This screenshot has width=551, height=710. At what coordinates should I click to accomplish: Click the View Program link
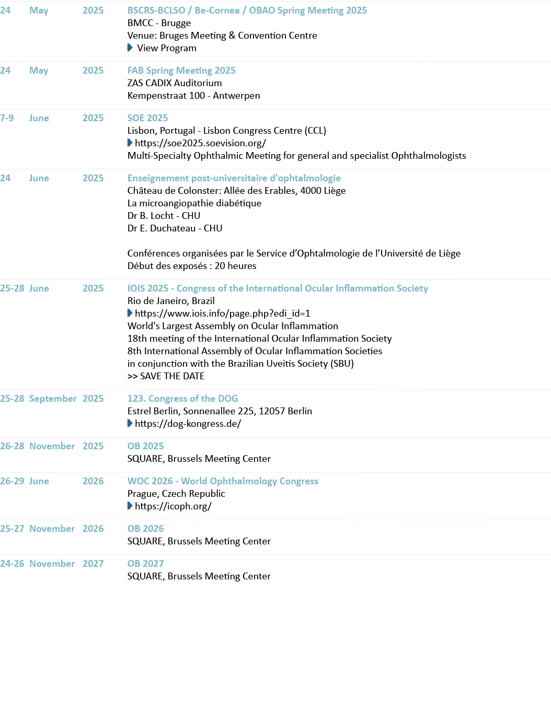click(x=166, y=48)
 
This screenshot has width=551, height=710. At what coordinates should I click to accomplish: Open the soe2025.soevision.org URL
click(x=200, y=143)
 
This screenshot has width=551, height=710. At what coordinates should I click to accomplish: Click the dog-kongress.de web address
click(x=188, y=424)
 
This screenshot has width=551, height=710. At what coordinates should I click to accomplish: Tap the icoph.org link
click(x=173, y=506)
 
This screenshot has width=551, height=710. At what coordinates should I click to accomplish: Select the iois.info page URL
click(x=222, y=313)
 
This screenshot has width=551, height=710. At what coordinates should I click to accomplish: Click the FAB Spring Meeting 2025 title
click(x=181, y=71)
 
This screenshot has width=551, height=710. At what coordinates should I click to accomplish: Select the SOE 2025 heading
click(x=147, y=118)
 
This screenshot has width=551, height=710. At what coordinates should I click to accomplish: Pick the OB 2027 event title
click(x=145, y=564)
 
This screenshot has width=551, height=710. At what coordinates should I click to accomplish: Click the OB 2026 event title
click(x=145, y=529)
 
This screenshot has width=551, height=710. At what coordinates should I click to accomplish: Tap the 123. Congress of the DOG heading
click(x=182, y=399)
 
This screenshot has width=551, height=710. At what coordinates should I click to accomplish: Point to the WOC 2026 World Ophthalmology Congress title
click(x=223, y=481)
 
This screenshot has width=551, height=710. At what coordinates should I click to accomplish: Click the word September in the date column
click(x=53, y=399)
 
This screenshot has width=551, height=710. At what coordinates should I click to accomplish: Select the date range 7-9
click(x=7, y=118)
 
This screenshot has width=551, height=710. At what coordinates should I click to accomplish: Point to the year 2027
click(x=93, y=564)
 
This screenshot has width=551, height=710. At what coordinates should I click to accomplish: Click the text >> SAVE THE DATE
click(x=166, y=376)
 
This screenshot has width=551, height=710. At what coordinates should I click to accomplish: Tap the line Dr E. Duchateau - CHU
click(x=175, y=228)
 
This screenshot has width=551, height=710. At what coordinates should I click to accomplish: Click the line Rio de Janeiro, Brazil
click(x=171, y=301)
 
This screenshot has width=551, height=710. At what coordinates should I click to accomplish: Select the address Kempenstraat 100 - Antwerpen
click(x=193, y=96)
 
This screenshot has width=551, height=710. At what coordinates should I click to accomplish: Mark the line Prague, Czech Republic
click(x=176, y=494)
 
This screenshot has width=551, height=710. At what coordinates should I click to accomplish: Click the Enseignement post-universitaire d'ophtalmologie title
click(x=234, y=178)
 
